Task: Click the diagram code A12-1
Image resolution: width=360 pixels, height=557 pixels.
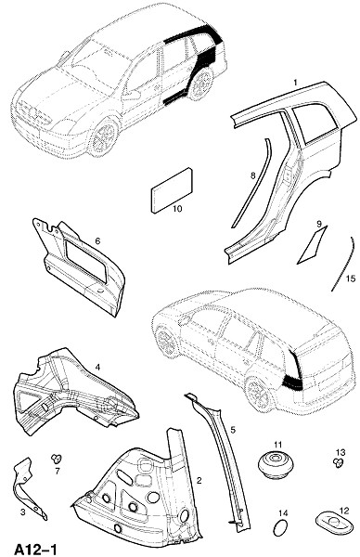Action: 34,549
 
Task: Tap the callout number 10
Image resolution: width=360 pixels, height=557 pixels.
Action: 177,209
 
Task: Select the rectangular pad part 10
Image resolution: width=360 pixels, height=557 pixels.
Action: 173,190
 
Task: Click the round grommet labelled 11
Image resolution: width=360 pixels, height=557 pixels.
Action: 276,463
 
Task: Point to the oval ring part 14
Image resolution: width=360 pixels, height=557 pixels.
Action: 281,528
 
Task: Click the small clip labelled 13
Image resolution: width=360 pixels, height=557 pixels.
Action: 340,463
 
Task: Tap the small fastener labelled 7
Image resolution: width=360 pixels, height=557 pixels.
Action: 57,458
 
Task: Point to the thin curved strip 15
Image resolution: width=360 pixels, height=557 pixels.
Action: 343,265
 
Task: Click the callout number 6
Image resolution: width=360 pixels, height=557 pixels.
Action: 97,241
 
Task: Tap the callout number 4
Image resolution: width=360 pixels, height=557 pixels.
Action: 97,368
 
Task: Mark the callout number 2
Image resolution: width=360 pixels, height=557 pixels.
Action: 199,481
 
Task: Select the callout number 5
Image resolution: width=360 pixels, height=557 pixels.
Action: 233,430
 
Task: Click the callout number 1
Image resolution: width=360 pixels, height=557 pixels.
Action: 295,83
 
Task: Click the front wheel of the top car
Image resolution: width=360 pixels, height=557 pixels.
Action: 103,136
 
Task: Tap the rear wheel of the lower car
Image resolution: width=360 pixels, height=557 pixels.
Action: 258,394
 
